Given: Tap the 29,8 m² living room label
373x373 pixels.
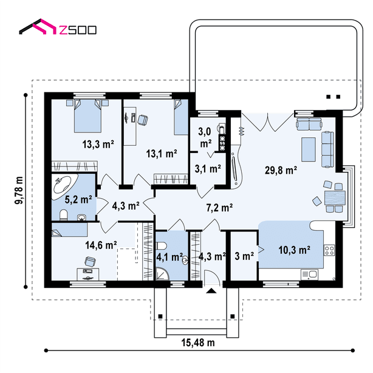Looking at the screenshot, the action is pos(281,170).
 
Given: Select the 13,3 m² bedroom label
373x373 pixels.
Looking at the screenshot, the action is pos(98,144).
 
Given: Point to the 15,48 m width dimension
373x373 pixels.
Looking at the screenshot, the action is pos(198,343).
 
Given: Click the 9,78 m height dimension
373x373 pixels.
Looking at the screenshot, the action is pos(19,190).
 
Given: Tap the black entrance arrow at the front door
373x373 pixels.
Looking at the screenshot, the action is pos(211,291).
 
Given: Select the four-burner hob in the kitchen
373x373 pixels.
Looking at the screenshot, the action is pos(329,250).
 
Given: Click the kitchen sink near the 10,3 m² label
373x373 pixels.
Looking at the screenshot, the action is pos(309,275).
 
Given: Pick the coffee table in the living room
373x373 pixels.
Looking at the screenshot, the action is pos(309,149).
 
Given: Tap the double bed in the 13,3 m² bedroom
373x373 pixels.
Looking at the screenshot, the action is pos(87,116).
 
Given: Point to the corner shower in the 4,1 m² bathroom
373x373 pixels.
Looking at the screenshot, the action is pos(162,273).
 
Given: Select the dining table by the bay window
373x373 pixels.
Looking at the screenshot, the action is pos(335,198).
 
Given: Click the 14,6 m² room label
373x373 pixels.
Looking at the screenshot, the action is pos(101,245).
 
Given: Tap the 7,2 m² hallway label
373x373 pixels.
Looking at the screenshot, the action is pos(219,208).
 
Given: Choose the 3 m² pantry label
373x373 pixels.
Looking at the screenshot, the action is pos(244,256).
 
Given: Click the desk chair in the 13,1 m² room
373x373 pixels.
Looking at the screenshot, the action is pos(143,120).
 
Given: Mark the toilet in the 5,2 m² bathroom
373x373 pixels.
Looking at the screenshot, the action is pos(64,215).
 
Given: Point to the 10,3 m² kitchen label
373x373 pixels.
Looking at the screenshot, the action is pos(294,250).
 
